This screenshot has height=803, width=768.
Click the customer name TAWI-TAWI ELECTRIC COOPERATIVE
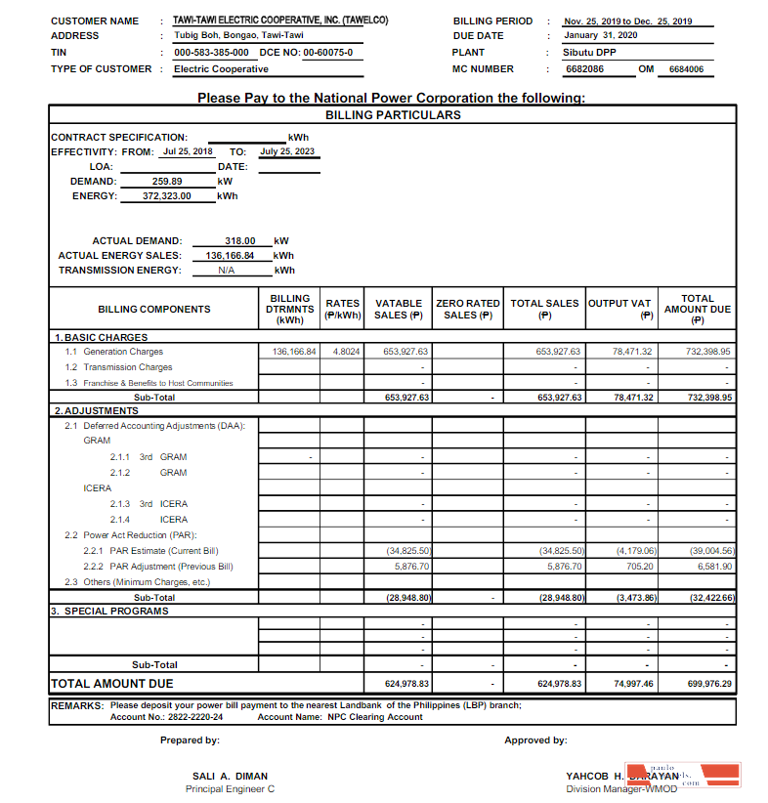[x=279, y=21]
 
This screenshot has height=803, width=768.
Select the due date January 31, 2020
[x=600, y=35]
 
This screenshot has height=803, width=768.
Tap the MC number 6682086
[x=584, y=69]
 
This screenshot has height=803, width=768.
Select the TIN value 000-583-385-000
[x=211, y=52]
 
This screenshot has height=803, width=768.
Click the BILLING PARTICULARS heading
[x=393, y=114]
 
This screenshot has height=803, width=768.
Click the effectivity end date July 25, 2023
[x=287, y=151]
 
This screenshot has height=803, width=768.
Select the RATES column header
[x=343, y=309]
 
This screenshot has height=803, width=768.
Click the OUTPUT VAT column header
[x=619, y=309]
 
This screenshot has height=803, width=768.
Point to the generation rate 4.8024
[x=347, y=351]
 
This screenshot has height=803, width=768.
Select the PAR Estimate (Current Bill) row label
[x=156, y=551]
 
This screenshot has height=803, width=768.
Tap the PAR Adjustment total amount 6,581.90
[x=714, y=566]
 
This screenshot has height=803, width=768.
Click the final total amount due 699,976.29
[x=709, y=684]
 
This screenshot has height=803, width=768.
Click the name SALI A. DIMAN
[x=230, y=776]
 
